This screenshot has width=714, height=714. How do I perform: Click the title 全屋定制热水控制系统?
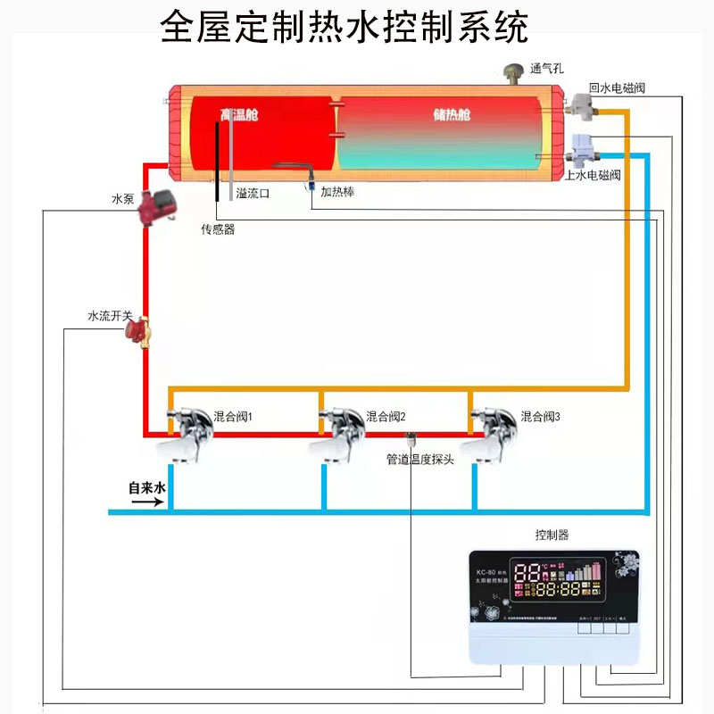[x=345, y=27]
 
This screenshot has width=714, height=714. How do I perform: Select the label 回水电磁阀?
[x=617, y=89]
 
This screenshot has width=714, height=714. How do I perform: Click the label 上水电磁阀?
[x=594, y=175]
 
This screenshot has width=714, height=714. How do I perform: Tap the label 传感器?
[x=218, y=229]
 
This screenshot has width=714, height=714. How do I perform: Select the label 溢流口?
[x=253, y=193]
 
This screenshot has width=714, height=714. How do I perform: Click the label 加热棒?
[x=337, y=191]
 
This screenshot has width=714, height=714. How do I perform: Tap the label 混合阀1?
[x=233, y=417]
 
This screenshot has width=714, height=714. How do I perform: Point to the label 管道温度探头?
[x=420, y=460]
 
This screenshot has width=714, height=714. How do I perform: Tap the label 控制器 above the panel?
[x=552, y=535]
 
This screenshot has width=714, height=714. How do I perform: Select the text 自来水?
[x=147, y=488]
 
